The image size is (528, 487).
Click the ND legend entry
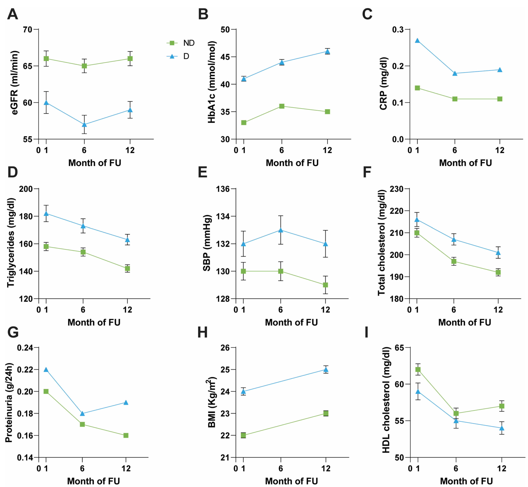[x=180, y=43]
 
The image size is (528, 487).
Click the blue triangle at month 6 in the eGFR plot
[x=84, y=124]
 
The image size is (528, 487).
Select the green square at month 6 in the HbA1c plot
[x=282, y=106]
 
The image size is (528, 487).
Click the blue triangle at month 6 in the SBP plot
[x=280, y=230]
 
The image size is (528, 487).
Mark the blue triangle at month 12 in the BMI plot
[x=326, y=369]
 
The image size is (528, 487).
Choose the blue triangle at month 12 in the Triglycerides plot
[x=127, y=239]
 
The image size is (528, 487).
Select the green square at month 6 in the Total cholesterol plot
[x=454, y=261]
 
